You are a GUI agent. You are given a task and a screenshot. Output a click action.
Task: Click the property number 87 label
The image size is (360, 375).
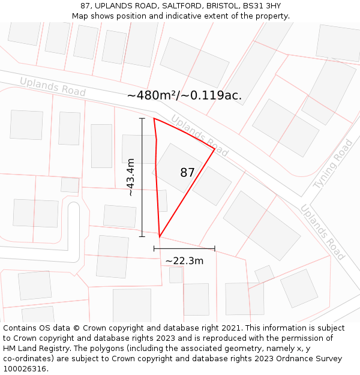pyautogui.click(x=187, y=173)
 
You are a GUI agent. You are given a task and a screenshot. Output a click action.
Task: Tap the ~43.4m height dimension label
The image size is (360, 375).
pyautogui.click(x=130, y=177)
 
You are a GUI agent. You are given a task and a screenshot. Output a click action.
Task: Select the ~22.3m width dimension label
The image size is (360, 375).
pyautogui.click(x=184, y=260)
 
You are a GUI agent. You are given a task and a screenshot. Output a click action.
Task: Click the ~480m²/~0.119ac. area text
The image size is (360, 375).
pyautogui.click(x=185, y=95)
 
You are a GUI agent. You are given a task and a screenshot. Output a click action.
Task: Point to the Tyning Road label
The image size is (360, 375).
pyautogui.click(x=333, y=164)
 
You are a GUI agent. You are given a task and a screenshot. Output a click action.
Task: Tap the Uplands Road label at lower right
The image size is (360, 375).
pyautogui.click(x=322, y=232)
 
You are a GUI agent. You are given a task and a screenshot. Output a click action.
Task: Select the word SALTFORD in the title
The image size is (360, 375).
pyautogui.click(x=176, y=6)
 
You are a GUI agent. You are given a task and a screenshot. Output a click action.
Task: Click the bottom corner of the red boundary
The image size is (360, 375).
pyautogui.click(x=159, y=236)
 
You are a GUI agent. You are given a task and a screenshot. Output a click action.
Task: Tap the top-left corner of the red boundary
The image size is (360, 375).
pyautogui.click(x=154, y=119)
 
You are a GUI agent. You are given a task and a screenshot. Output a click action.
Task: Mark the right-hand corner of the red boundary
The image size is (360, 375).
pyautogui.click(x=214, y=148)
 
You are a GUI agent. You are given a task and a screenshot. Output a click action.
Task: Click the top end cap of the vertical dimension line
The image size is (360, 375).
pyautogui.click(x=142, y=119)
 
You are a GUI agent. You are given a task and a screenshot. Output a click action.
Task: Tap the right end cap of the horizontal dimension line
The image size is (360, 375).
pyautogui.click(x=214, y=248)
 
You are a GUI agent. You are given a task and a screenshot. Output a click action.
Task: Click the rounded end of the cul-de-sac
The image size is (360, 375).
pyautogui.click(x=73, y=207)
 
